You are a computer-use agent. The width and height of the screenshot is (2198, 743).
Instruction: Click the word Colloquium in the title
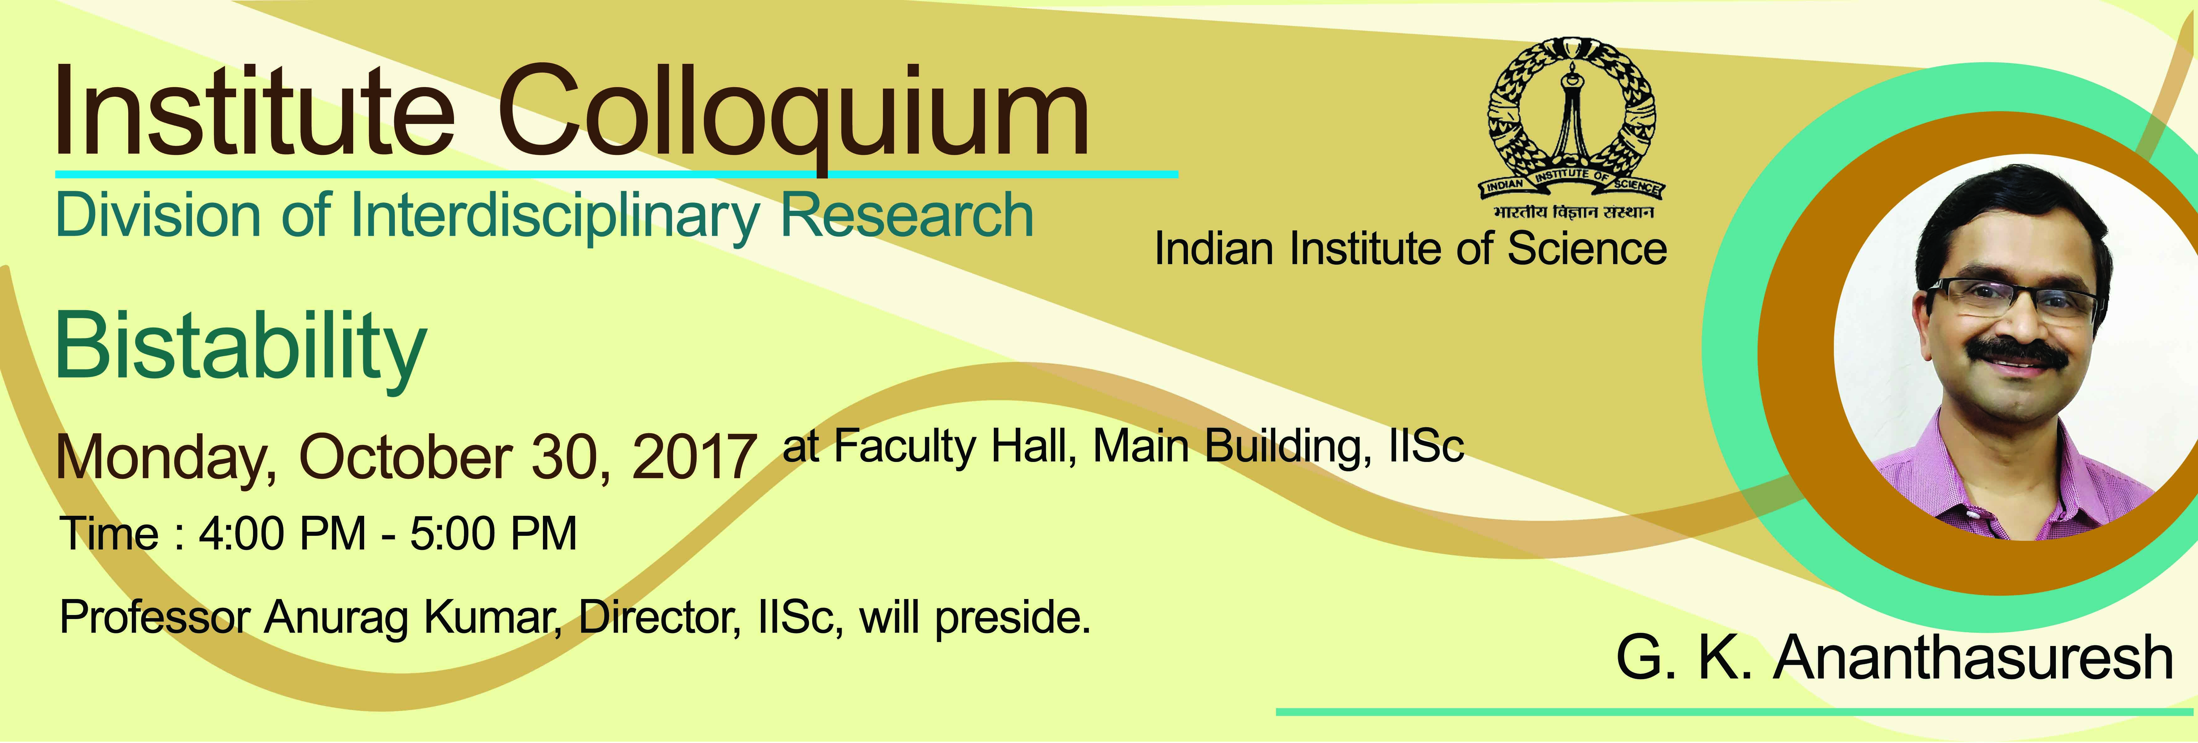(794, 115)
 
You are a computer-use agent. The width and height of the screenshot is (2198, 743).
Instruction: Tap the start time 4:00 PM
(281, 534)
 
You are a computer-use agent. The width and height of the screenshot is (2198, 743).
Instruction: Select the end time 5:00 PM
(493, 534)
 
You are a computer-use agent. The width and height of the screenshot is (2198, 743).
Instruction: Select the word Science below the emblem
(1587, 249)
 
